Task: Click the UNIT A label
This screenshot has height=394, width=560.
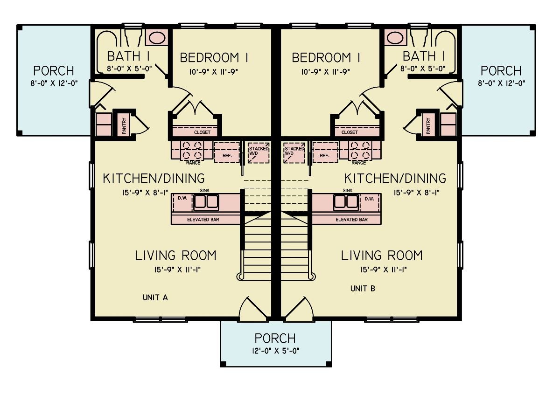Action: coord(155,297)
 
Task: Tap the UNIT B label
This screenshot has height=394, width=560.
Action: coord(363,289)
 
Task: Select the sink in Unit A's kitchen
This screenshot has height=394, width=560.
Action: coord(206,202)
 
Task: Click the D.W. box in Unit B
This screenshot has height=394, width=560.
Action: coord(370,199)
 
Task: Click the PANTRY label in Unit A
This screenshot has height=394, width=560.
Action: coord(124,125)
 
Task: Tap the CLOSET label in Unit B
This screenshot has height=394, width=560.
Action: coord(350,132)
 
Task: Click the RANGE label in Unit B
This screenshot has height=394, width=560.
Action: coord(358,163)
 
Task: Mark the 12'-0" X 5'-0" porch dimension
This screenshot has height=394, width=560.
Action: coord(275,350)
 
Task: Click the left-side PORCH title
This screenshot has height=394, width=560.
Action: coord(53,71)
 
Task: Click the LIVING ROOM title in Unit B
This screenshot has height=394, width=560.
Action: coord(381,256)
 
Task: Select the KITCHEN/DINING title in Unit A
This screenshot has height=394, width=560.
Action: coord(154,178)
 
